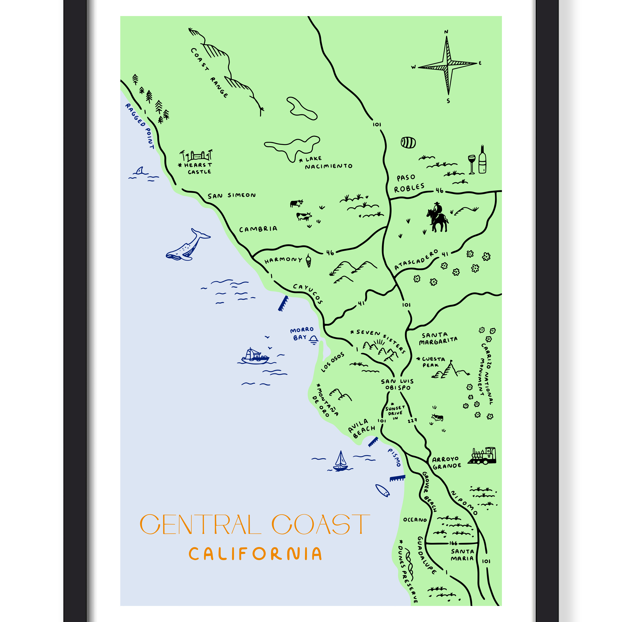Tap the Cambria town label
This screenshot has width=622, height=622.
pyautogui.click(x=258, y=229)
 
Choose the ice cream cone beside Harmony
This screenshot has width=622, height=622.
pyautogui.click(x=308, y=260)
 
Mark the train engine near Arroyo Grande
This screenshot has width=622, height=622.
pyautogui.click(x=482, y=456)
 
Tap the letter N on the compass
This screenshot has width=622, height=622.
pyautogui.click(x=446, y=32)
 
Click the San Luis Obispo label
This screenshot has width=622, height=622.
pyautogui.click(x=397, y=384)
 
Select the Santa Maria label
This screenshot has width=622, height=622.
pyautogui.click(x=462, y=555)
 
